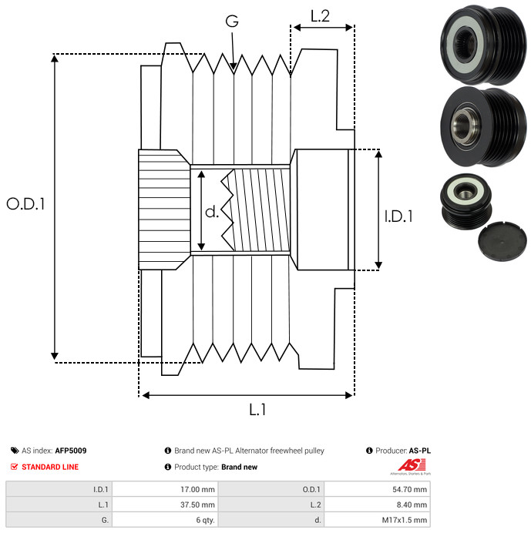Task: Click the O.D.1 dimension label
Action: [x=26, y=204]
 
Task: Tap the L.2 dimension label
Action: [x=320, y=15]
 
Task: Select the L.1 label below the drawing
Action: [x=257, y=410]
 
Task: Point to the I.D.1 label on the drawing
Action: [x=398, y=216]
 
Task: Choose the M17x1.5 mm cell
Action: [x=403, y=520]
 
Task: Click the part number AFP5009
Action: [x=71, y=451]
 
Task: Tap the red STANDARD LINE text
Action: [x=50, y=467]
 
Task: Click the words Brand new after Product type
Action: [x=239, y=467]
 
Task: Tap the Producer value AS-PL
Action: [x=419, y=451]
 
